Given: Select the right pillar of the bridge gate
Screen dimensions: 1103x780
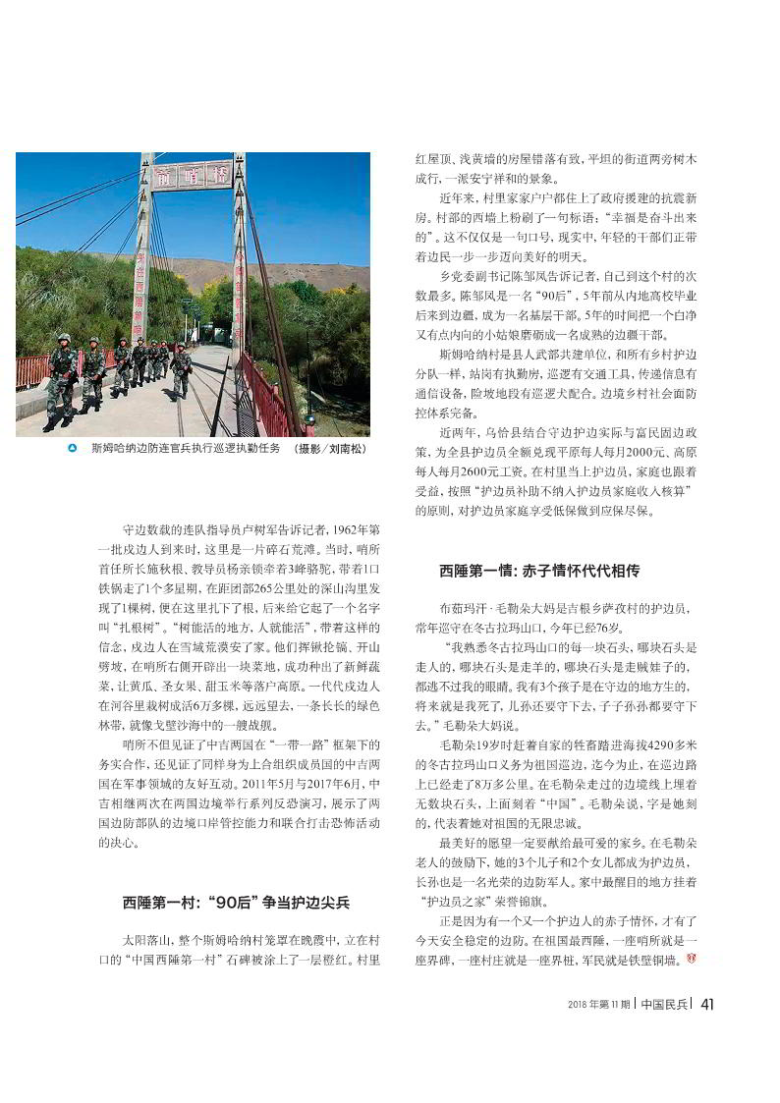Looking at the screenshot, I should [239, 255].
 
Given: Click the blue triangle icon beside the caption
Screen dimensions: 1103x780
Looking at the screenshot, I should [73, 449].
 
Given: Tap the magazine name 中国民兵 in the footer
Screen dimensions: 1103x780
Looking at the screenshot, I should [663, 1003].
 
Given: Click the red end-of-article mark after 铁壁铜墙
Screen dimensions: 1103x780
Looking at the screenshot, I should [690, 958].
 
